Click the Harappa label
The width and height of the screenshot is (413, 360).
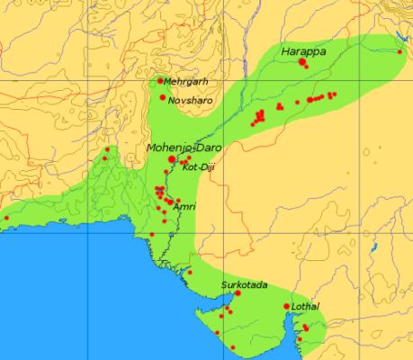click(303, 52)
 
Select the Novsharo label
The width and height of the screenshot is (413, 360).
click(191, 100)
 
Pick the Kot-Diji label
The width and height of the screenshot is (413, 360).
click(198, 166)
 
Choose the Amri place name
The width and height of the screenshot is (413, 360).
click(184, 206)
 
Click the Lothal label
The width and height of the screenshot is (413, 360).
click(305, 307)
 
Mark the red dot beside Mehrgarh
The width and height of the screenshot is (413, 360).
click(160, 81)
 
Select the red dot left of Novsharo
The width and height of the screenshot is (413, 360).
click(163, 97)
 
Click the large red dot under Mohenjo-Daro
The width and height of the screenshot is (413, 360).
click(172, 158)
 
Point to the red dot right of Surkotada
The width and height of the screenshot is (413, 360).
click(238, 293)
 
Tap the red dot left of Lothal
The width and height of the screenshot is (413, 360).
click(287, 307)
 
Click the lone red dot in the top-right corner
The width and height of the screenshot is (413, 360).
click(400, 51)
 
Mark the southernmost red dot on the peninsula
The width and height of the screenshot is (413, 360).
click(233, 347)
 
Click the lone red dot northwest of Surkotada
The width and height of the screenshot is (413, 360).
click(190, 272)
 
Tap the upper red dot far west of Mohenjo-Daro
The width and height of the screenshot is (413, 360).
click(108, 149)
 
